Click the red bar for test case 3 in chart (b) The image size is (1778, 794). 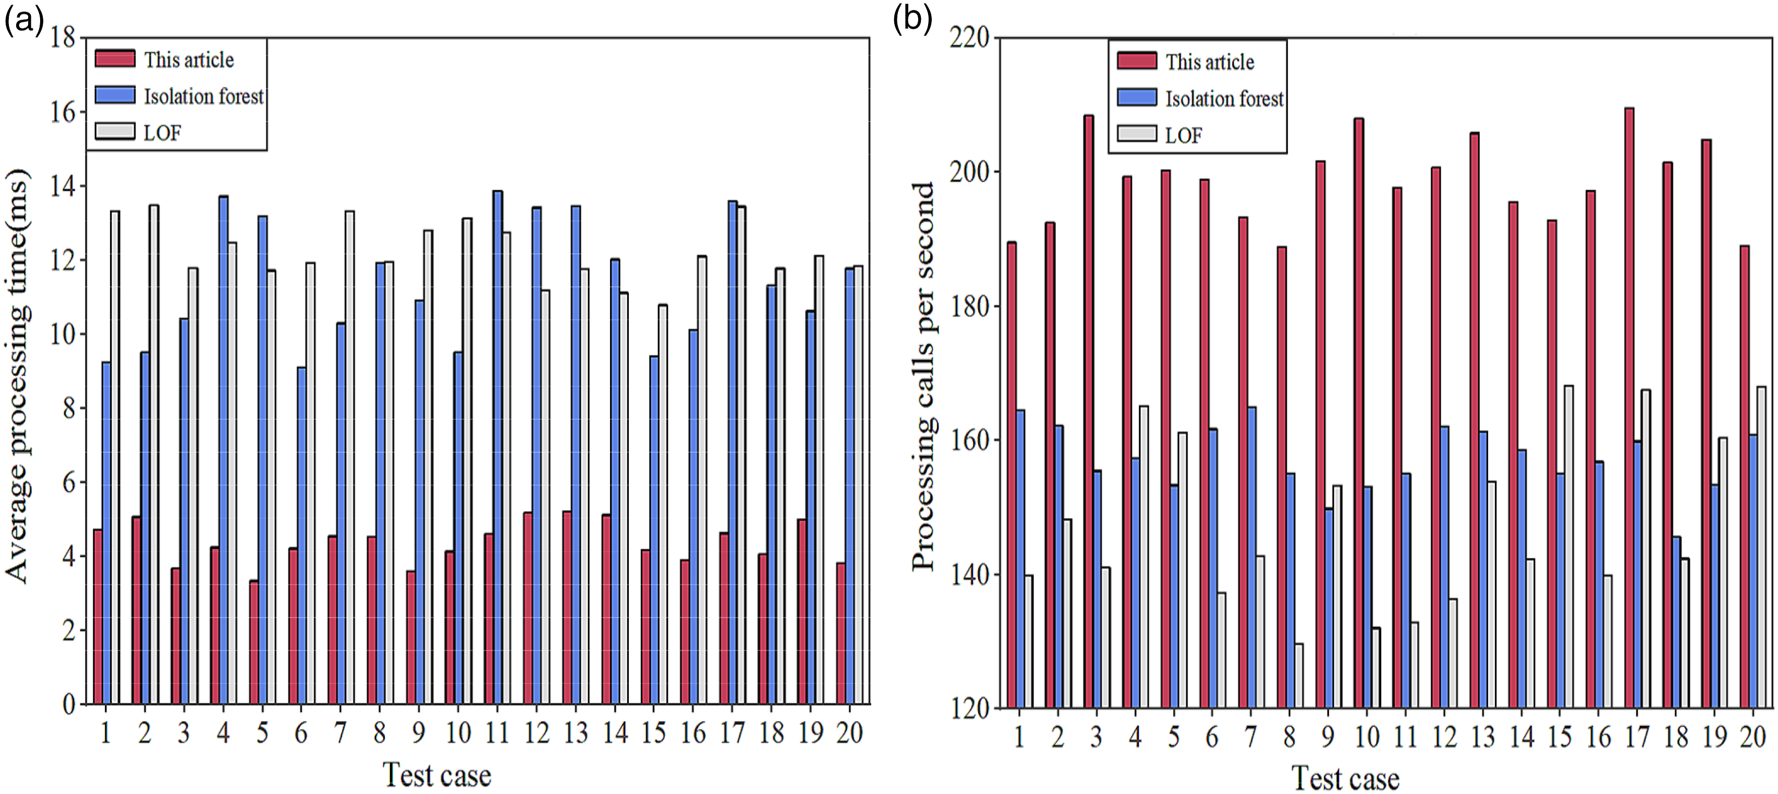1089,411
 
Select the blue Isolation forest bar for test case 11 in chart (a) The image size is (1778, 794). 497,447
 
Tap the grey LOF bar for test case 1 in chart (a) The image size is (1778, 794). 115,457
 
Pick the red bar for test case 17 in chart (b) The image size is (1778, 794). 1629,408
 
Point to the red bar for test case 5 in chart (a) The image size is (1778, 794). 254,642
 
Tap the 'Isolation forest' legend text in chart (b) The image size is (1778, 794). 1224,98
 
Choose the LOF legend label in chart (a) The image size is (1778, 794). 162,132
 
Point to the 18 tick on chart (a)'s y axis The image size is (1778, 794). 63,37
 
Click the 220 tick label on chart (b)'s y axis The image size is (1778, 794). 970,36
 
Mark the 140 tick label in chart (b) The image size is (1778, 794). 970,575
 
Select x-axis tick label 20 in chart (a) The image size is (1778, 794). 850,733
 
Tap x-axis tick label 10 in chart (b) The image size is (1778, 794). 1367,737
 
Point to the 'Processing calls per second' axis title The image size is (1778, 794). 923,377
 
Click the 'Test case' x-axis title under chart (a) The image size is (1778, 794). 437,775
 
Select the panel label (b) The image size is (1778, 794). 912,19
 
